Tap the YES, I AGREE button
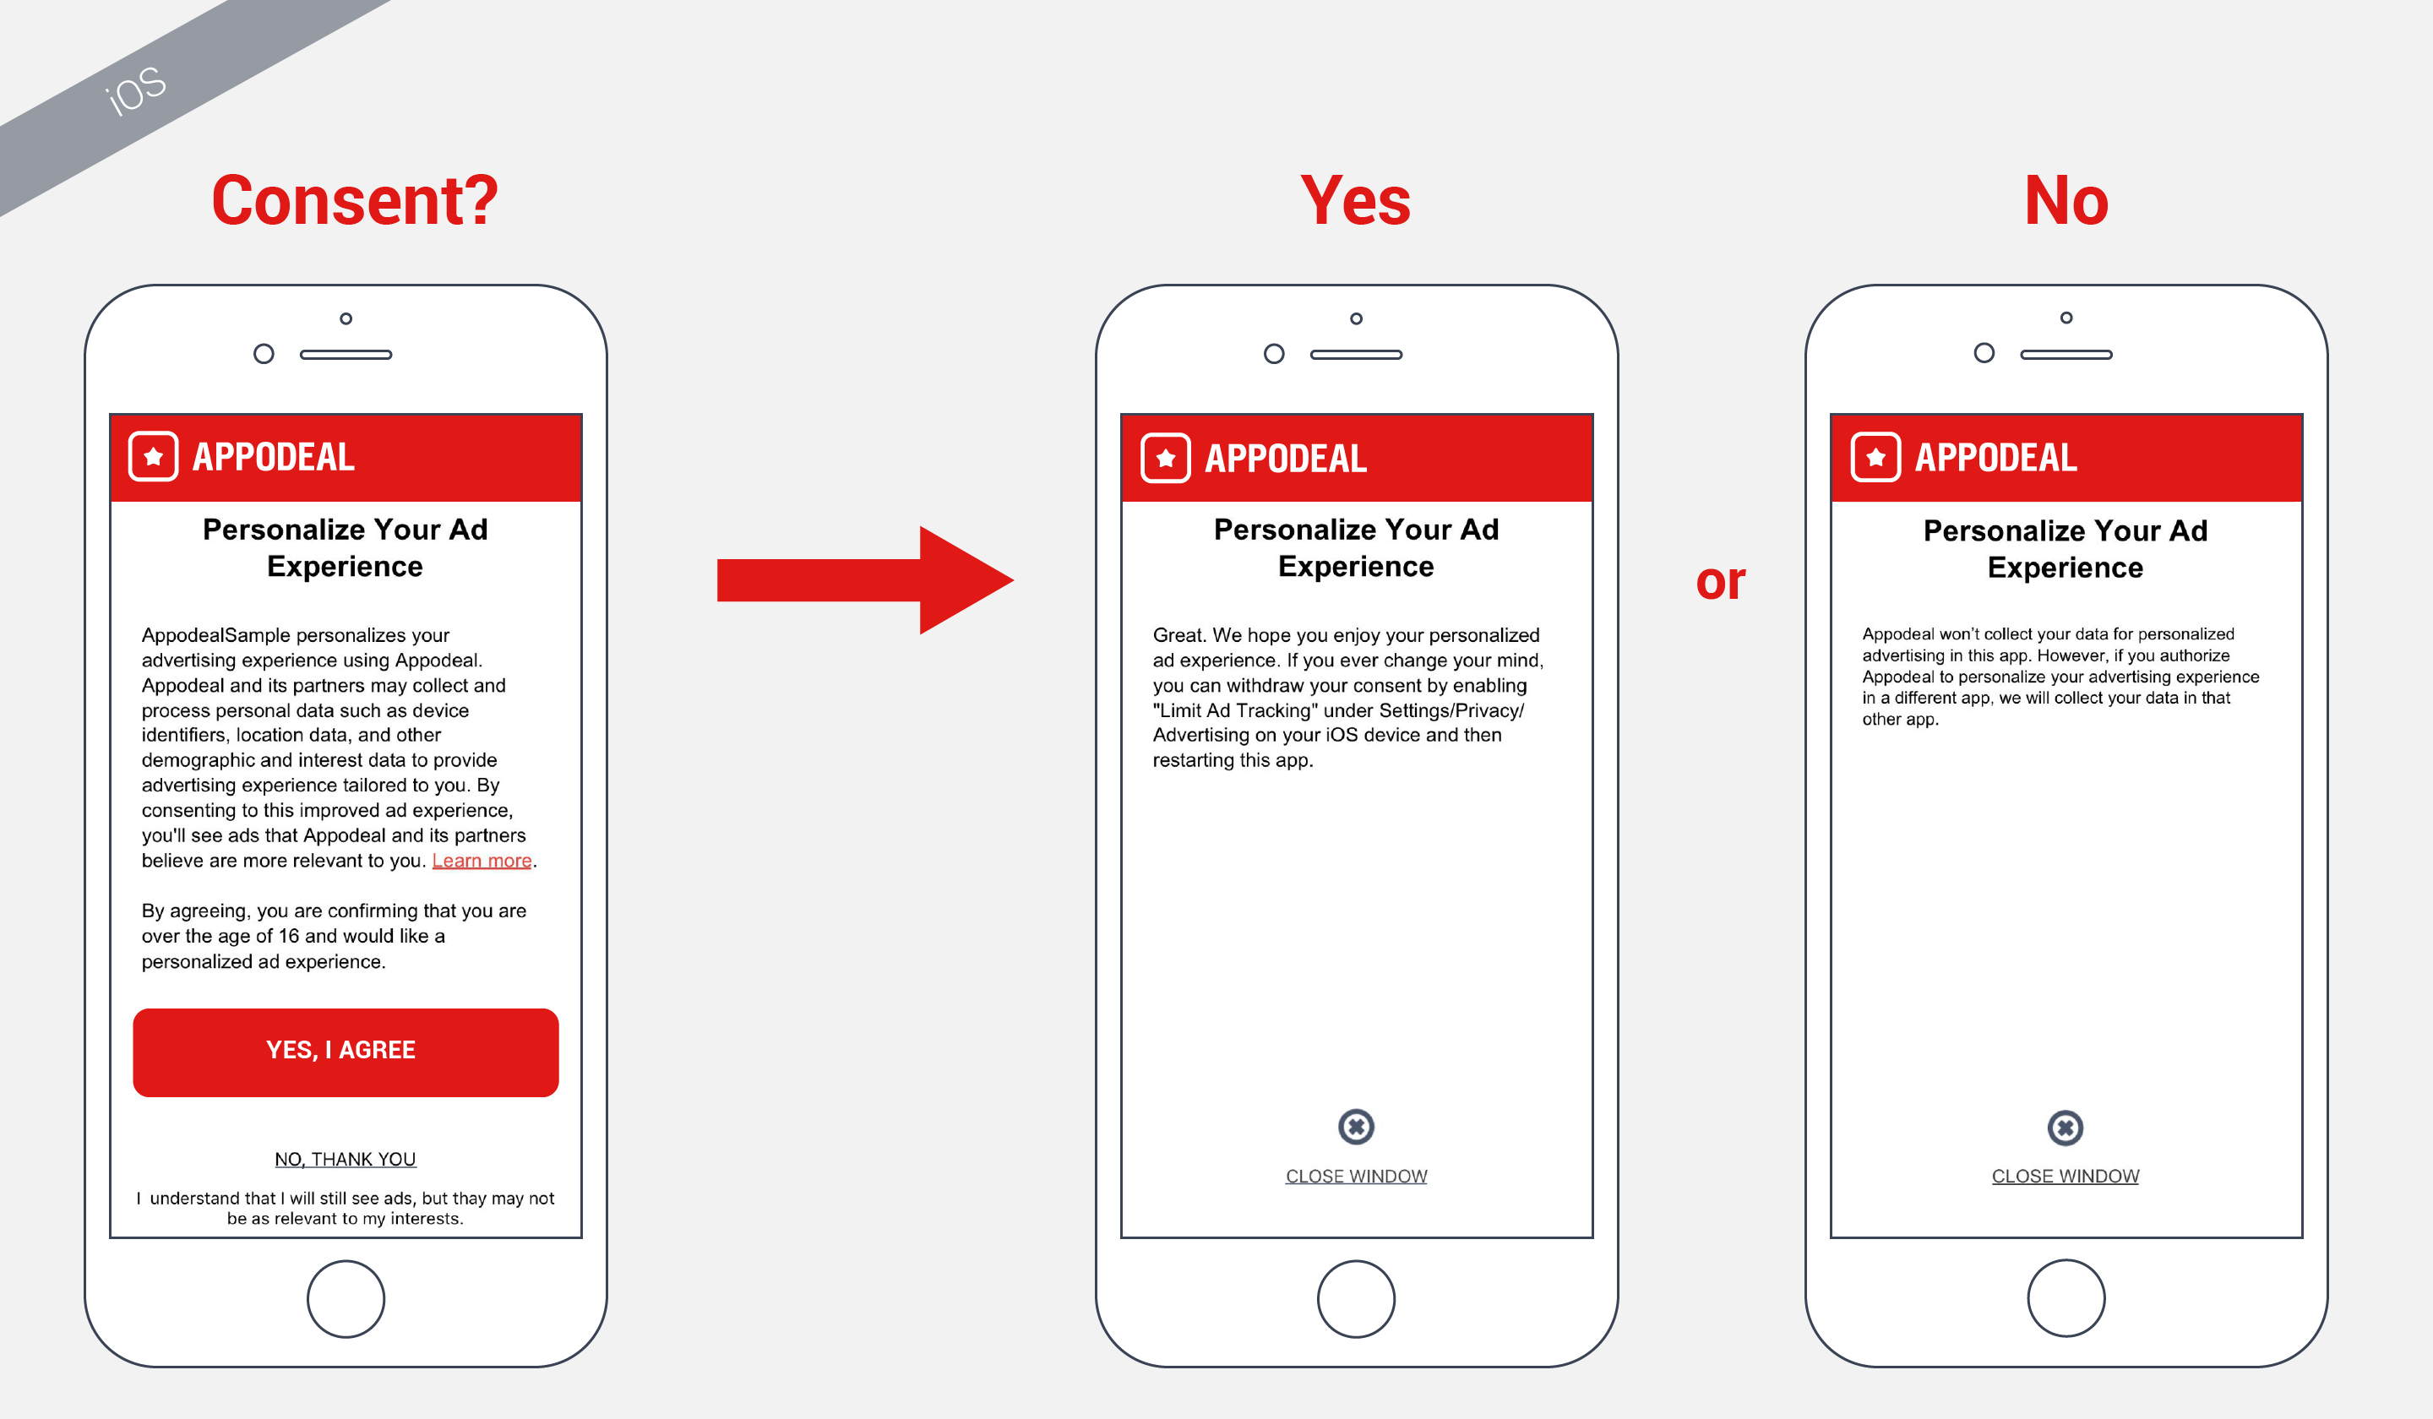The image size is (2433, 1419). tap(345, 1052)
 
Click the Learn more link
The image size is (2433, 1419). tap(481, 860)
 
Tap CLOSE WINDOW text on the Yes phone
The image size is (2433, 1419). tap(1356, 1176)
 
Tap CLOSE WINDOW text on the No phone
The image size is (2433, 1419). tap(2066, 1176)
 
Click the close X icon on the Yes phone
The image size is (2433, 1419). tap(1356, 1127)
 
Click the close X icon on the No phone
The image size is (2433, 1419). tap(2066, 1128)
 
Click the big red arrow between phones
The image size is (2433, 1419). tap(864, 580)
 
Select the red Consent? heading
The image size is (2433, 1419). tap(354, 201)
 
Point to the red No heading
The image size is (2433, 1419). tap(2066, 201)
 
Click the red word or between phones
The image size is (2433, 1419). tap(1721, 581)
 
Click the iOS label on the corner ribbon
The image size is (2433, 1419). tap(136, 90)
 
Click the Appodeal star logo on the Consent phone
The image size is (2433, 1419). tap(154, 457)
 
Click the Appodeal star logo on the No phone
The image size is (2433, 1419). tap(1875, 457)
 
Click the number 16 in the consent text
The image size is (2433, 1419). tap(289, 935)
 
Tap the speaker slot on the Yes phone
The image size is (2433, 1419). tap(1356, 354)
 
